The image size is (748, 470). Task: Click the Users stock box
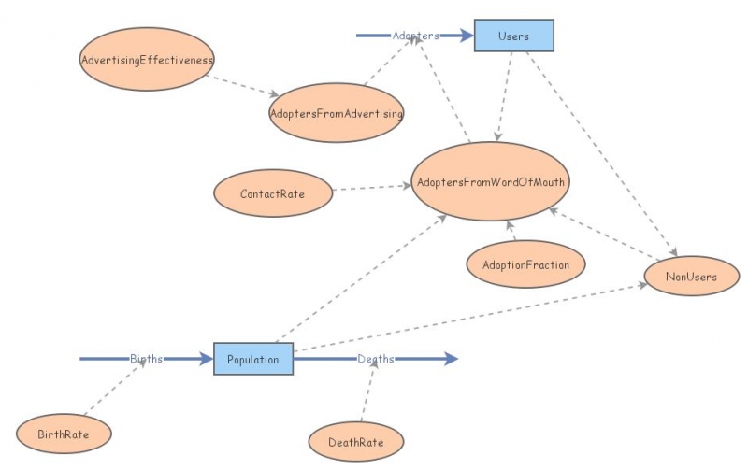(x=514, y=36)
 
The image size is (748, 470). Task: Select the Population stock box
(x=253, y=359)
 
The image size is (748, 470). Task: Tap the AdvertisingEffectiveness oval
(x=148, y=61)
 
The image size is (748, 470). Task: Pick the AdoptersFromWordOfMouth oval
(x=491, y=182)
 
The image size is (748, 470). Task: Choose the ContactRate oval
(x=273, y=194)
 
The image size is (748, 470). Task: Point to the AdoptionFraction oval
(x=525, y=264)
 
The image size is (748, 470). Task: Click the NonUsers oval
(x=692, y=277)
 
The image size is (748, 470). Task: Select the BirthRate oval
(x=65, y=434)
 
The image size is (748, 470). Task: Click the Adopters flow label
(x=415, y=36)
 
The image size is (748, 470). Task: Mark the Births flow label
(x=146, y=359)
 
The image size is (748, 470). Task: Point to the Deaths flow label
(x=376, y=359)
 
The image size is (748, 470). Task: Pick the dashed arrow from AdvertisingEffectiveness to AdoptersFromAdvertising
(x=241, y=86)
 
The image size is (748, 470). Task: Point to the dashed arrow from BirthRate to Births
(x=114, y=389)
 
